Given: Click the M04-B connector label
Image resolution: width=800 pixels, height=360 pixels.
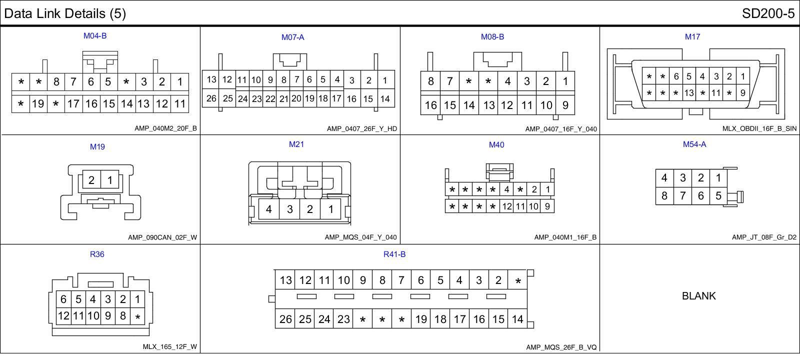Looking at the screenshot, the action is tap(95, 36).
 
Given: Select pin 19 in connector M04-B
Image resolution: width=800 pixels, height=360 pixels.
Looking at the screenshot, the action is tap(38, 104).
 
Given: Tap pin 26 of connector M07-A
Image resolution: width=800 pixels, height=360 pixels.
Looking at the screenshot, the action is tap(211, 98).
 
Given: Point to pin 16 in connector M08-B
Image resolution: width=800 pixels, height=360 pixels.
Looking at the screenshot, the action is tap(430, 105).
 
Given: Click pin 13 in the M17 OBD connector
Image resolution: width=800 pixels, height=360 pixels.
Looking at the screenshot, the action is tap(689, 92).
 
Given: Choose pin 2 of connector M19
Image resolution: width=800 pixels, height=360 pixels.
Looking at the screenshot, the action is tap(91, 180).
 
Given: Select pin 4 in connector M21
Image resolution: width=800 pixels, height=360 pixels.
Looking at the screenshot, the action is tap(269, 209).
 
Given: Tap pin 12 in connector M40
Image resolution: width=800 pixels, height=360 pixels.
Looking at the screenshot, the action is tap(507, 206).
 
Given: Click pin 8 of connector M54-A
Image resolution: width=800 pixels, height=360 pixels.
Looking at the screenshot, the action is tap(664, 195).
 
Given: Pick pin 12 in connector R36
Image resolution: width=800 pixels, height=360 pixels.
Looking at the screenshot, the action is tap(63, 315).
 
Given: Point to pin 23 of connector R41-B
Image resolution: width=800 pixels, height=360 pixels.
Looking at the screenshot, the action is tap(343, 319).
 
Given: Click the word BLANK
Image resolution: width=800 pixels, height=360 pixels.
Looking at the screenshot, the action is tap(698, 296).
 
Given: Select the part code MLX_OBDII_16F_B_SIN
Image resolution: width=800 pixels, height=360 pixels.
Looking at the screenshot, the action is tap(759, 128).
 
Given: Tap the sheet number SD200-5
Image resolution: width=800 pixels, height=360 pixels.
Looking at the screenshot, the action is tap(768, 13).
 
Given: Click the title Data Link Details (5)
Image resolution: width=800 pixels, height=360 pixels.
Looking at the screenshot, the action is tap(65, 13).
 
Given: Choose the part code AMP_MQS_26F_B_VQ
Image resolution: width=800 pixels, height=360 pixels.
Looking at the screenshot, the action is tap(561, 347).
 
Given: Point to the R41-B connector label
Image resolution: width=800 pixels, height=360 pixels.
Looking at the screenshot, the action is tap(394, 254).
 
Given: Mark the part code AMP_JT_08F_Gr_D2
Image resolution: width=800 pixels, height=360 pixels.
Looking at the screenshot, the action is tap(764, 237).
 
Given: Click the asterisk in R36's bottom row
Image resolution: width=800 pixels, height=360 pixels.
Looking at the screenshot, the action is tap(137, 316).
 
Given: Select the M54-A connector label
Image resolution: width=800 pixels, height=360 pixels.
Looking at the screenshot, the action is tap(694, 144).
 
